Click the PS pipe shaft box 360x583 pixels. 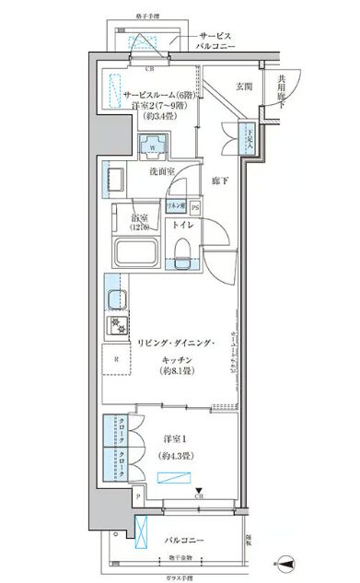pyautogui.click(x=194, y=207)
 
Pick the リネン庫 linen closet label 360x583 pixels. pyautogui.click(x=177, y=207)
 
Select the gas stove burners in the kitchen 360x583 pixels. pyautogui.click(x=118, y=324)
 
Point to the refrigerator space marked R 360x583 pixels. pyautogui.click(x=114, y=359)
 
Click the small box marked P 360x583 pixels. pyautogui.click(x=138, y=496)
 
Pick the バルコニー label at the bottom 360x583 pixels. pyautogui.click(x=185, y=540)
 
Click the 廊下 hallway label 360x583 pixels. pyautogui.click(x=219, y=181)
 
